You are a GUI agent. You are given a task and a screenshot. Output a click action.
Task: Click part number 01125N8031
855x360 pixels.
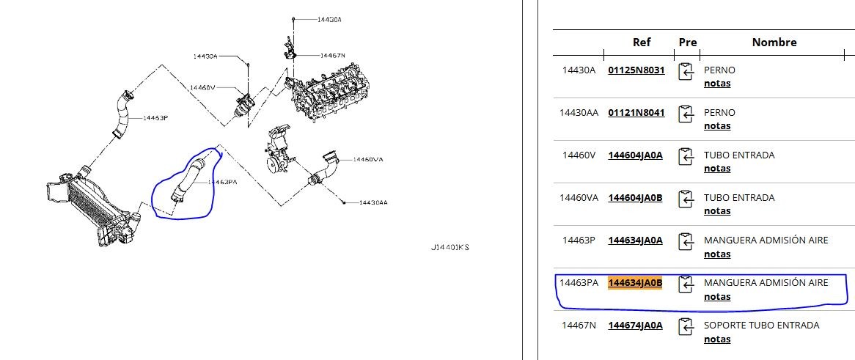tap(636, 70)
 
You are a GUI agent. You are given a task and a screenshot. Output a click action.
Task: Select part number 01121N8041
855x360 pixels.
tap(636, 113)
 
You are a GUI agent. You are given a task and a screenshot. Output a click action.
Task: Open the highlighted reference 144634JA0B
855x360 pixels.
tap(635, 283)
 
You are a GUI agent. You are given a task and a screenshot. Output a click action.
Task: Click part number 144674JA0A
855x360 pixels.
tap(635, 326)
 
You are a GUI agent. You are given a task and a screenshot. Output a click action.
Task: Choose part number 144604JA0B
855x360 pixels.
tap(635, 198)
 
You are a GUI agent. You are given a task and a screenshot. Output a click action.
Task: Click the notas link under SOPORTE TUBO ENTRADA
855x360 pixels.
tap(717, 339)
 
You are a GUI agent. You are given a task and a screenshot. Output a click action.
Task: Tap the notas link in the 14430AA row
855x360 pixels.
tap(717, 126)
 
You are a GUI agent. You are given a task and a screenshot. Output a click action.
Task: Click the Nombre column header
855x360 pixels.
tap(774, 43)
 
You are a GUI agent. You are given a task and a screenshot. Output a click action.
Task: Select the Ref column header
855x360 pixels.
tap(642, 43)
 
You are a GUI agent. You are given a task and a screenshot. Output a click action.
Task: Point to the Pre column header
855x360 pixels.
tap(688, 43)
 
